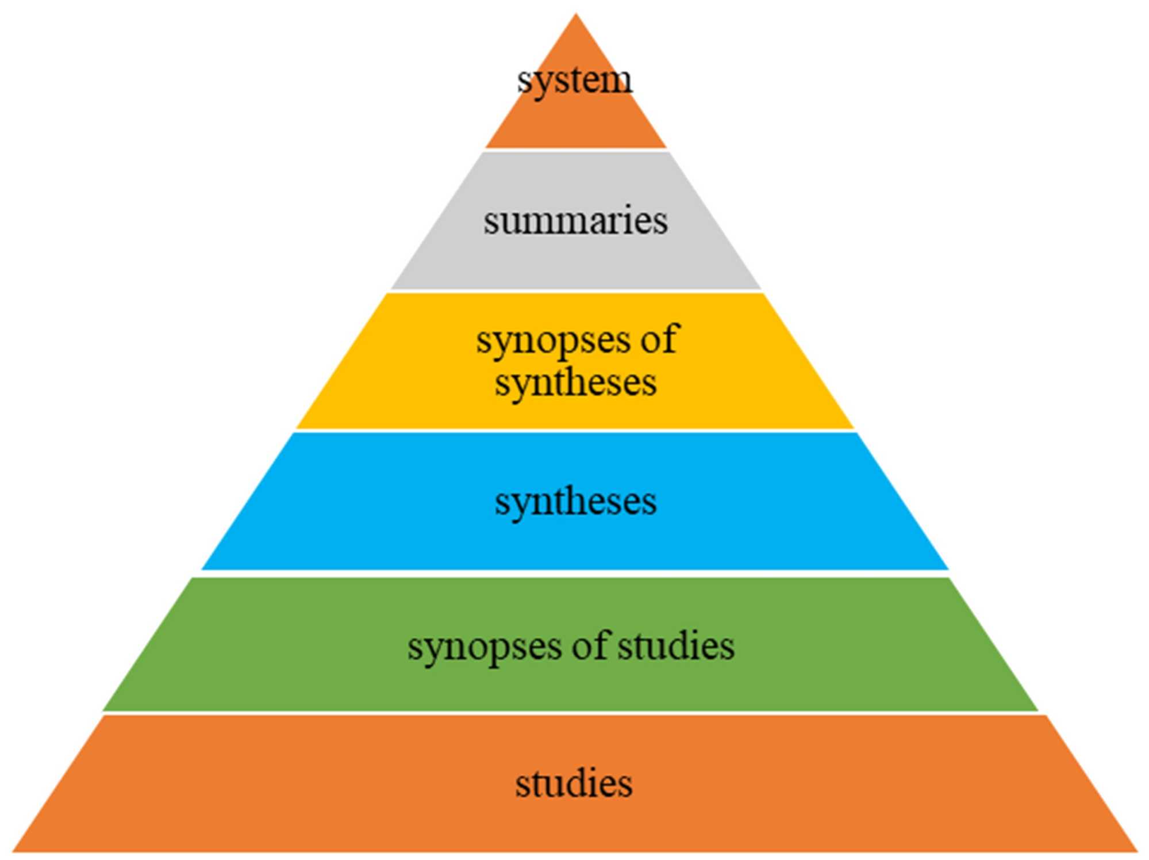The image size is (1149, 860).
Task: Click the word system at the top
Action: (x=575, y=81)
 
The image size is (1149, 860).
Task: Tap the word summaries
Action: (x=575, y=220)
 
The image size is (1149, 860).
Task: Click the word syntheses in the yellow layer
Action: (x=575, y=383)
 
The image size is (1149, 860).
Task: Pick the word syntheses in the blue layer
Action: (x=575, y=502)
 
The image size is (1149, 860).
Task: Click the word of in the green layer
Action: (x=589, y=645)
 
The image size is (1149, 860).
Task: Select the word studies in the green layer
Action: (x=676, y=645)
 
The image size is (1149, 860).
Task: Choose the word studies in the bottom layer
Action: (x=574, y=783)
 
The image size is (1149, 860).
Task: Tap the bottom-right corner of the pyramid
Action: (x=1136, y=850)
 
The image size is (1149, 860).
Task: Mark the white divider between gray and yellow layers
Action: (x=575, y=291)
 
